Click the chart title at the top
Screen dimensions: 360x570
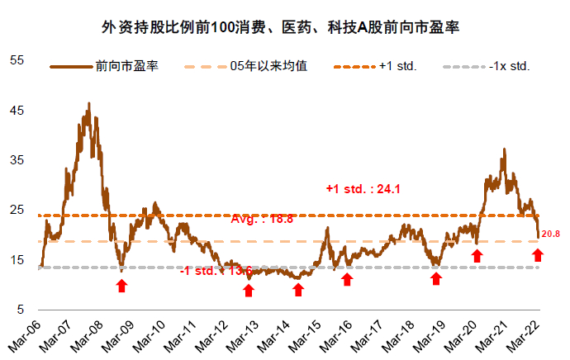[285, 27]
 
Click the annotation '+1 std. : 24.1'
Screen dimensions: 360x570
[363, 189]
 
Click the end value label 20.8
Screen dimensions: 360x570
[551, 235]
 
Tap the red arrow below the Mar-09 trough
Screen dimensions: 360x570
[121, 285]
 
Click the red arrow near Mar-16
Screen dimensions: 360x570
[347, 279]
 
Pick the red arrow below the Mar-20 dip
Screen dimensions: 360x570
[476, 256]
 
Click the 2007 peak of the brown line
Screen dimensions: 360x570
[88, 105]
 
